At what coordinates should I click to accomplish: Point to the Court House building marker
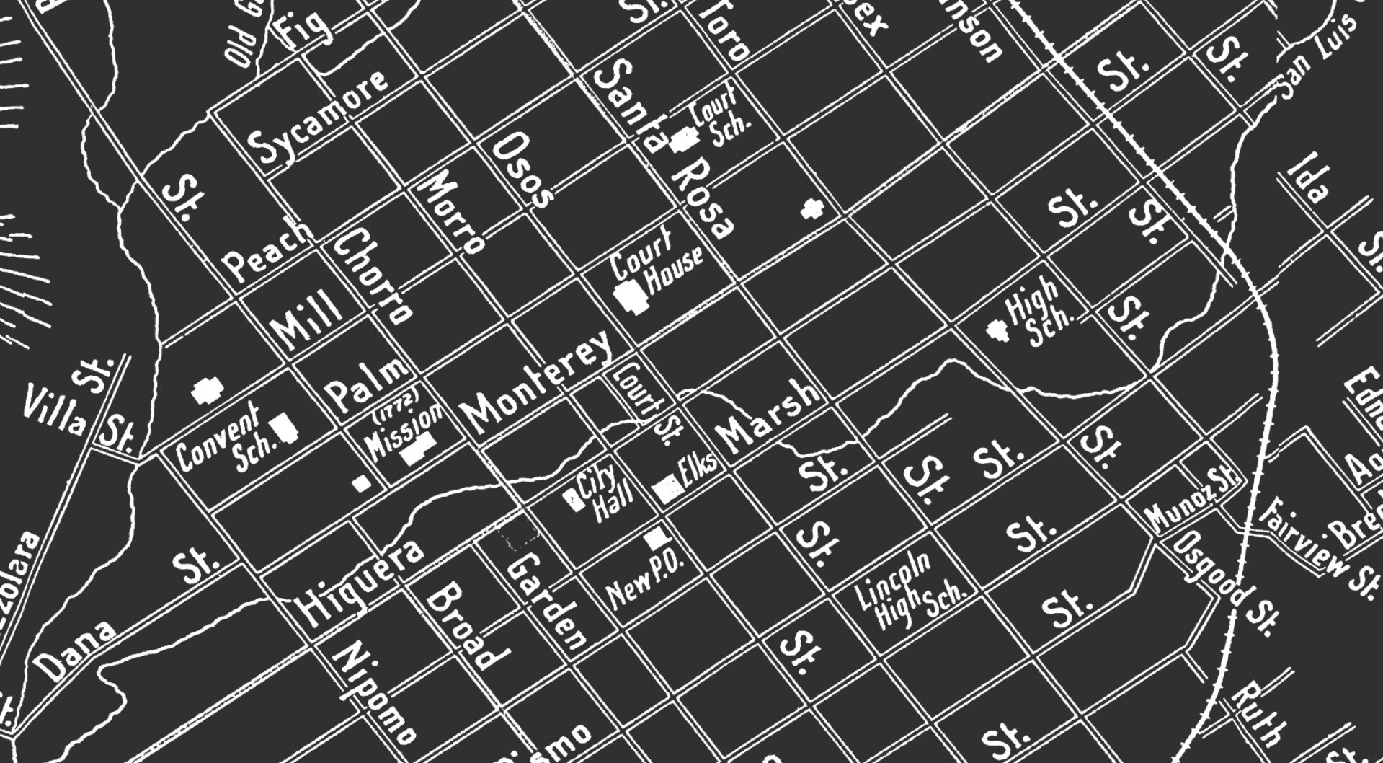pyautogui.click(x=629, y=296)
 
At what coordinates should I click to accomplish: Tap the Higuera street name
pyautogui.click(x=360, y=581)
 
